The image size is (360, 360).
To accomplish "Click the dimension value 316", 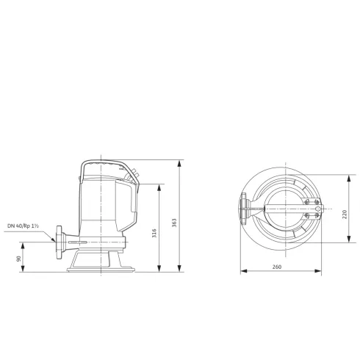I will pyautogui.click(x=154, y=233).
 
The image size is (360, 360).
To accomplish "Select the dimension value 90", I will pyautogui.click(x=17, y=258).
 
